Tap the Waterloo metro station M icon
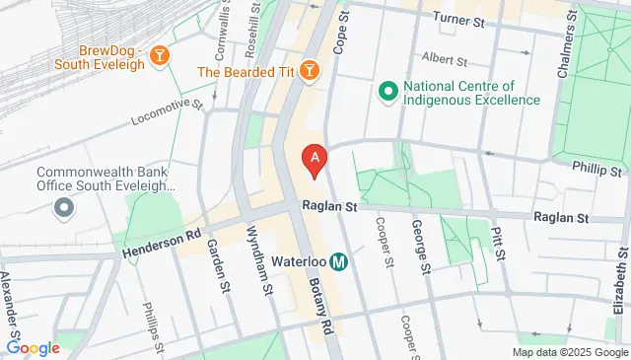(339, 262)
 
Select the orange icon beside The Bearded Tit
(310, 71)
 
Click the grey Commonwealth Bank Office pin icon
(64, 207)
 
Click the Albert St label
(443, 58)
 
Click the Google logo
(34, 347)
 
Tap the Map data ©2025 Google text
(568, 352)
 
